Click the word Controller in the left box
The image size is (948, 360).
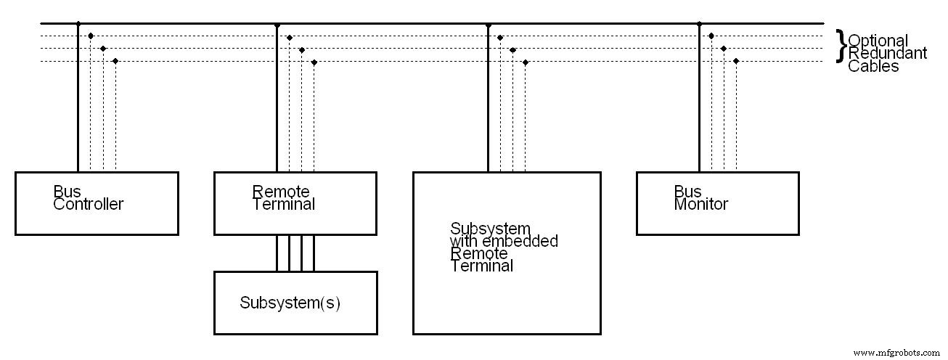coord(88,204)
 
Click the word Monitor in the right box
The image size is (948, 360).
coord(700,204)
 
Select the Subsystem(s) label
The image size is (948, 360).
coord(290,303)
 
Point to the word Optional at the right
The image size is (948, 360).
coord(878,41)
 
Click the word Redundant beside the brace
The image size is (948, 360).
coord(887,53)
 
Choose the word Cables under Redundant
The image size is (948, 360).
coord(873,66)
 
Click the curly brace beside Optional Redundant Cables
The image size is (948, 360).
coord(841,46)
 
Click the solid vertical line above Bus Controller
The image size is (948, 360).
coord(78,102)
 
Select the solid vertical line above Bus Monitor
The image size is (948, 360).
coord(699,102)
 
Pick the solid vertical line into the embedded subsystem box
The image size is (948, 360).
coord(488,102)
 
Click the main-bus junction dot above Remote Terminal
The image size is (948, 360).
coord(277,24)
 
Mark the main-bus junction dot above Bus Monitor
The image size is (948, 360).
coord(699,24)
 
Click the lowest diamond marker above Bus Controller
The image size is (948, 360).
coord(115,61)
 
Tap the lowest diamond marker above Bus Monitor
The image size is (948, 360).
coord(736,61)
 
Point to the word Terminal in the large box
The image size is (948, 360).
coord(481,266)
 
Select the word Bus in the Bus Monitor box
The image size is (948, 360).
coord(687,192)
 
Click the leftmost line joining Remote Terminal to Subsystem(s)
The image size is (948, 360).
coord(277,253)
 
